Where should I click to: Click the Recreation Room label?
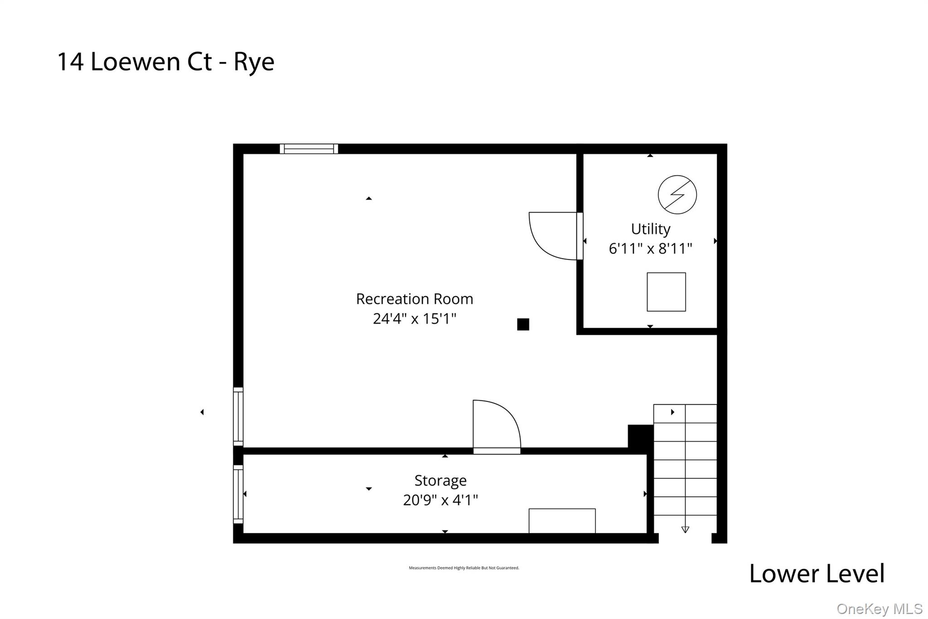(x=415, y=299)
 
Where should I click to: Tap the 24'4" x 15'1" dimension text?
(x=415, y=319)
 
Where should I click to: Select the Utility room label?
(x=651, y=229)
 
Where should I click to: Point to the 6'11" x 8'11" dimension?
(x=651, y=249)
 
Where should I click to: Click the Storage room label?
(x=440, y=481)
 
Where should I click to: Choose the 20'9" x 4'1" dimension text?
(x=440, y=500)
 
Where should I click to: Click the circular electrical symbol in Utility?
(x=677, y=195)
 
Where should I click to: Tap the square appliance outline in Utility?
(x=666, y=292)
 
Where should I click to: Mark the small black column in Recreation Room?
(x=523, y=324)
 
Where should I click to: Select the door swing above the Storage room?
(x=497, y=427)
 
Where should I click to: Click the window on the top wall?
(x=309, y=149)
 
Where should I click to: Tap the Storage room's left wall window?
(x=238, y=494)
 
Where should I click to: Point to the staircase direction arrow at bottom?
(x=685, y=529)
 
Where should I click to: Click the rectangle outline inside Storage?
(x=562, y=521)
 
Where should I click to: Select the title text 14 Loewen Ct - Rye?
(x=166, y=62)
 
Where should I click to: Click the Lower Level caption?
(x=817, y=574)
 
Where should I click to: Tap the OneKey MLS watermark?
(x=880, y=609)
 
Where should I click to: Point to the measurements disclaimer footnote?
(x=464, y=568)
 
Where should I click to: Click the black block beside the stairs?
(x=640, y=436)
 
